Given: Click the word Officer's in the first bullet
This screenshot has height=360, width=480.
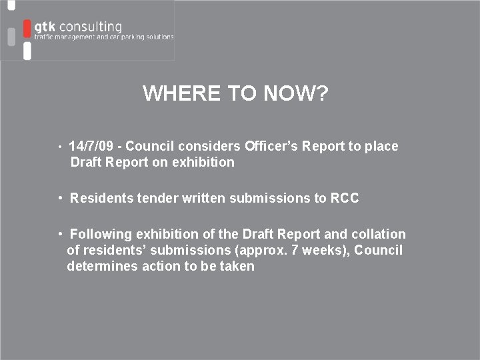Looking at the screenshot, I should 271,146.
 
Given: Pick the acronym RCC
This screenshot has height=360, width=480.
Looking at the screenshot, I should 345,198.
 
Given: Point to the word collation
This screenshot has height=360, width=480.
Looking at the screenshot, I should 379,234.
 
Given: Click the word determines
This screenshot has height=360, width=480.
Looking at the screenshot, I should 101,266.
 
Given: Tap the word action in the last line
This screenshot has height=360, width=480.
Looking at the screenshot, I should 160,266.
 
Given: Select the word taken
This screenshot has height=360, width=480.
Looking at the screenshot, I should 237,266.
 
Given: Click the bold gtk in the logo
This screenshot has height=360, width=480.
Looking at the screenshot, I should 45,27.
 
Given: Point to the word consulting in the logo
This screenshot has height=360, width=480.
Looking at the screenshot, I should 90,27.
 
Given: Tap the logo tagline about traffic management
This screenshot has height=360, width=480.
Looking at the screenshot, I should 103,38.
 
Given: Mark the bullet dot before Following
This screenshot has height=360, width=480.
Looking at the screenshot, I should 60,234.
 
